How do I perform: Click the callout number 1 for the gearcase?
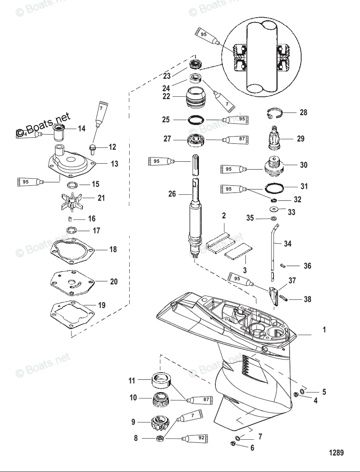pyautogui.click(x=324, y=330)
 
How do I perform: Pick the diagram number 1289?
pyautogui.click(x=336, y=453)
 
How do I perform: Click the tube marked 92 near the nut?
pyautogui.click(x=195, y=438)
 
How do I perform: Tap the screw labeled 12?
pyautogui.click(x=93, y=149)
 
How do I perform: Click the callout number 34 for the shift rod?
pyautogui.click(x=288, y=244)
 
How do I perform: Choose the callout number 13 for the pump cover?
pyautogui.click(x=114, y=164)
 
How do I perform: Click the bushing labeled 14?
pyautogui.click(x=60, y=133)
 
